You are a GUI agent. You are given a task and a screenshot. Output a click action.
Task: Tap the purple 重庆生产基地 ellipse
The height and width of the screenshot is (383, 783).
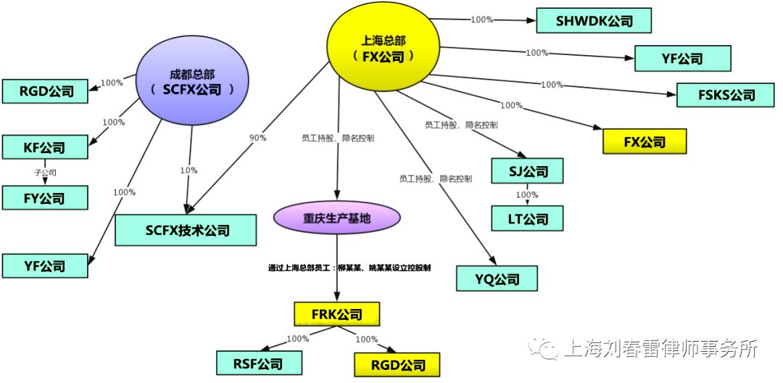tap(336, 218)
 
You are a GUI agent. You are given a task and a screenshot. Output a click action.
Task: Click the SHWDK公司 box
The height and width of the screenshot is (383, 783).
tap(594, 20)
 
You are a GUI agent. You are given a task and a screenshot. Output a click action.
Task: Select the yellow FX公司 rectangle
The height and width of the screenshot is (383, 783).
tap(645, 141)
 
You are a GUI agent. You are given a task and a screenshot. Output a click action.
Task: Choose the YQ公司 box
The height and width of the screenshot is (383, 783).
tap(497, 279)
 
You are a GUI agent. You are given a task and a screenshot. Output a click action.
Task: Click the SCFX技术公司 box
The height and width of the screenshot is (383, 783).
tap(186, 231)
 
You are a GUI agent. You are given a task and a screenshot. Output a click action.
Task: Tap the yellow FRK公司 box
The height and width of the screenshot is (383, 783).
tap(336, 314)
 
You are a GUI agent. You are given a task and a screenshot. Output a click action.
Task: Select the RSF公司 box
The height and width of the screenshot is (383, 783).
tap(259, 363)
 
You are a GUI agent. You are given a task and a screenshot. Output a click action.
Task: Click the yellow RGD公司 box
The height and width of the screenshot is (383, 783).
tap(397, 364)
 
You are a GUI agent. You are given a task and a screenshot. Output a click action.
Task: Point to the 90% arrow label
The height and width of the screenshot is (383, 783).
tap(257, 138)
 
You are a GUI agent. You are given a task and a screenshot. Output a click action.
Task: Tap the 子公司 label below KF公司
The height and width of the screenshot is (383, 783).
tap(45, 173)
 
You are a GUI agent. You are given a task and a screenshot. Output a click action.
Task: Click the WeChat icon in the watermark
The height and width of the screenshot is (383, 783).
tap(543, 349)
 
